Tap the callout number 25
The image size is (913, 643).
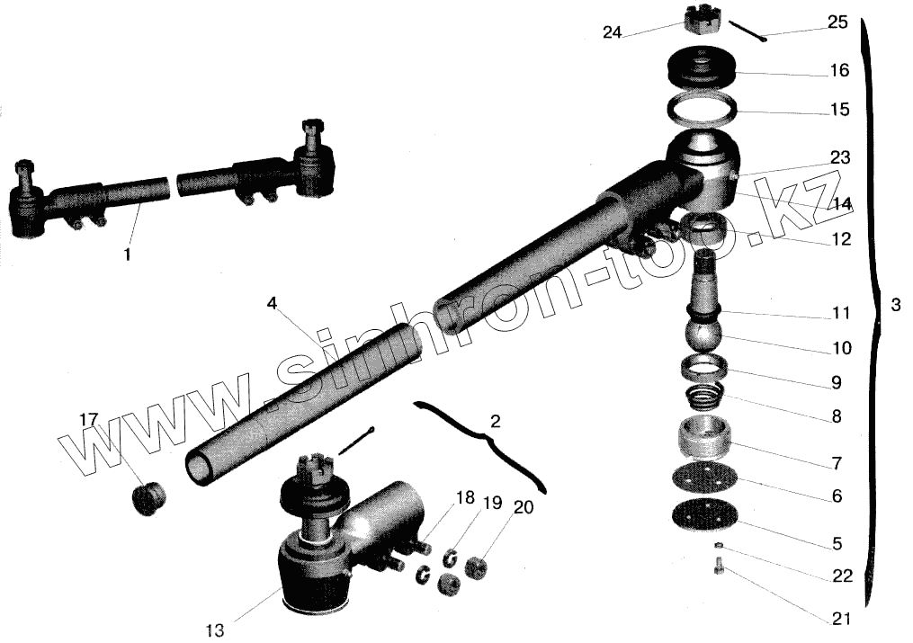837,22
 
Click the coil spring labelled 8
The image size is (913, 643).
704,395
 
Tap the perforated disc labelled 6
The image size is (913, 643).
703,479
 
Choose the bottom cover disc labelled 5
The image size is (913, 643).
703,517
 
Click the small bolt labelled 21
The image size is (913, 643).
719,567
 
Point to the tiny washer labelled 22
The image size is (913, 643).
717,545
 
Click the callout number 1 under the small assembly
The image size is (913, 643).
127,255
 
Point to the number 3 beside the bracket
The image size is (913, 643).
894,305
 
